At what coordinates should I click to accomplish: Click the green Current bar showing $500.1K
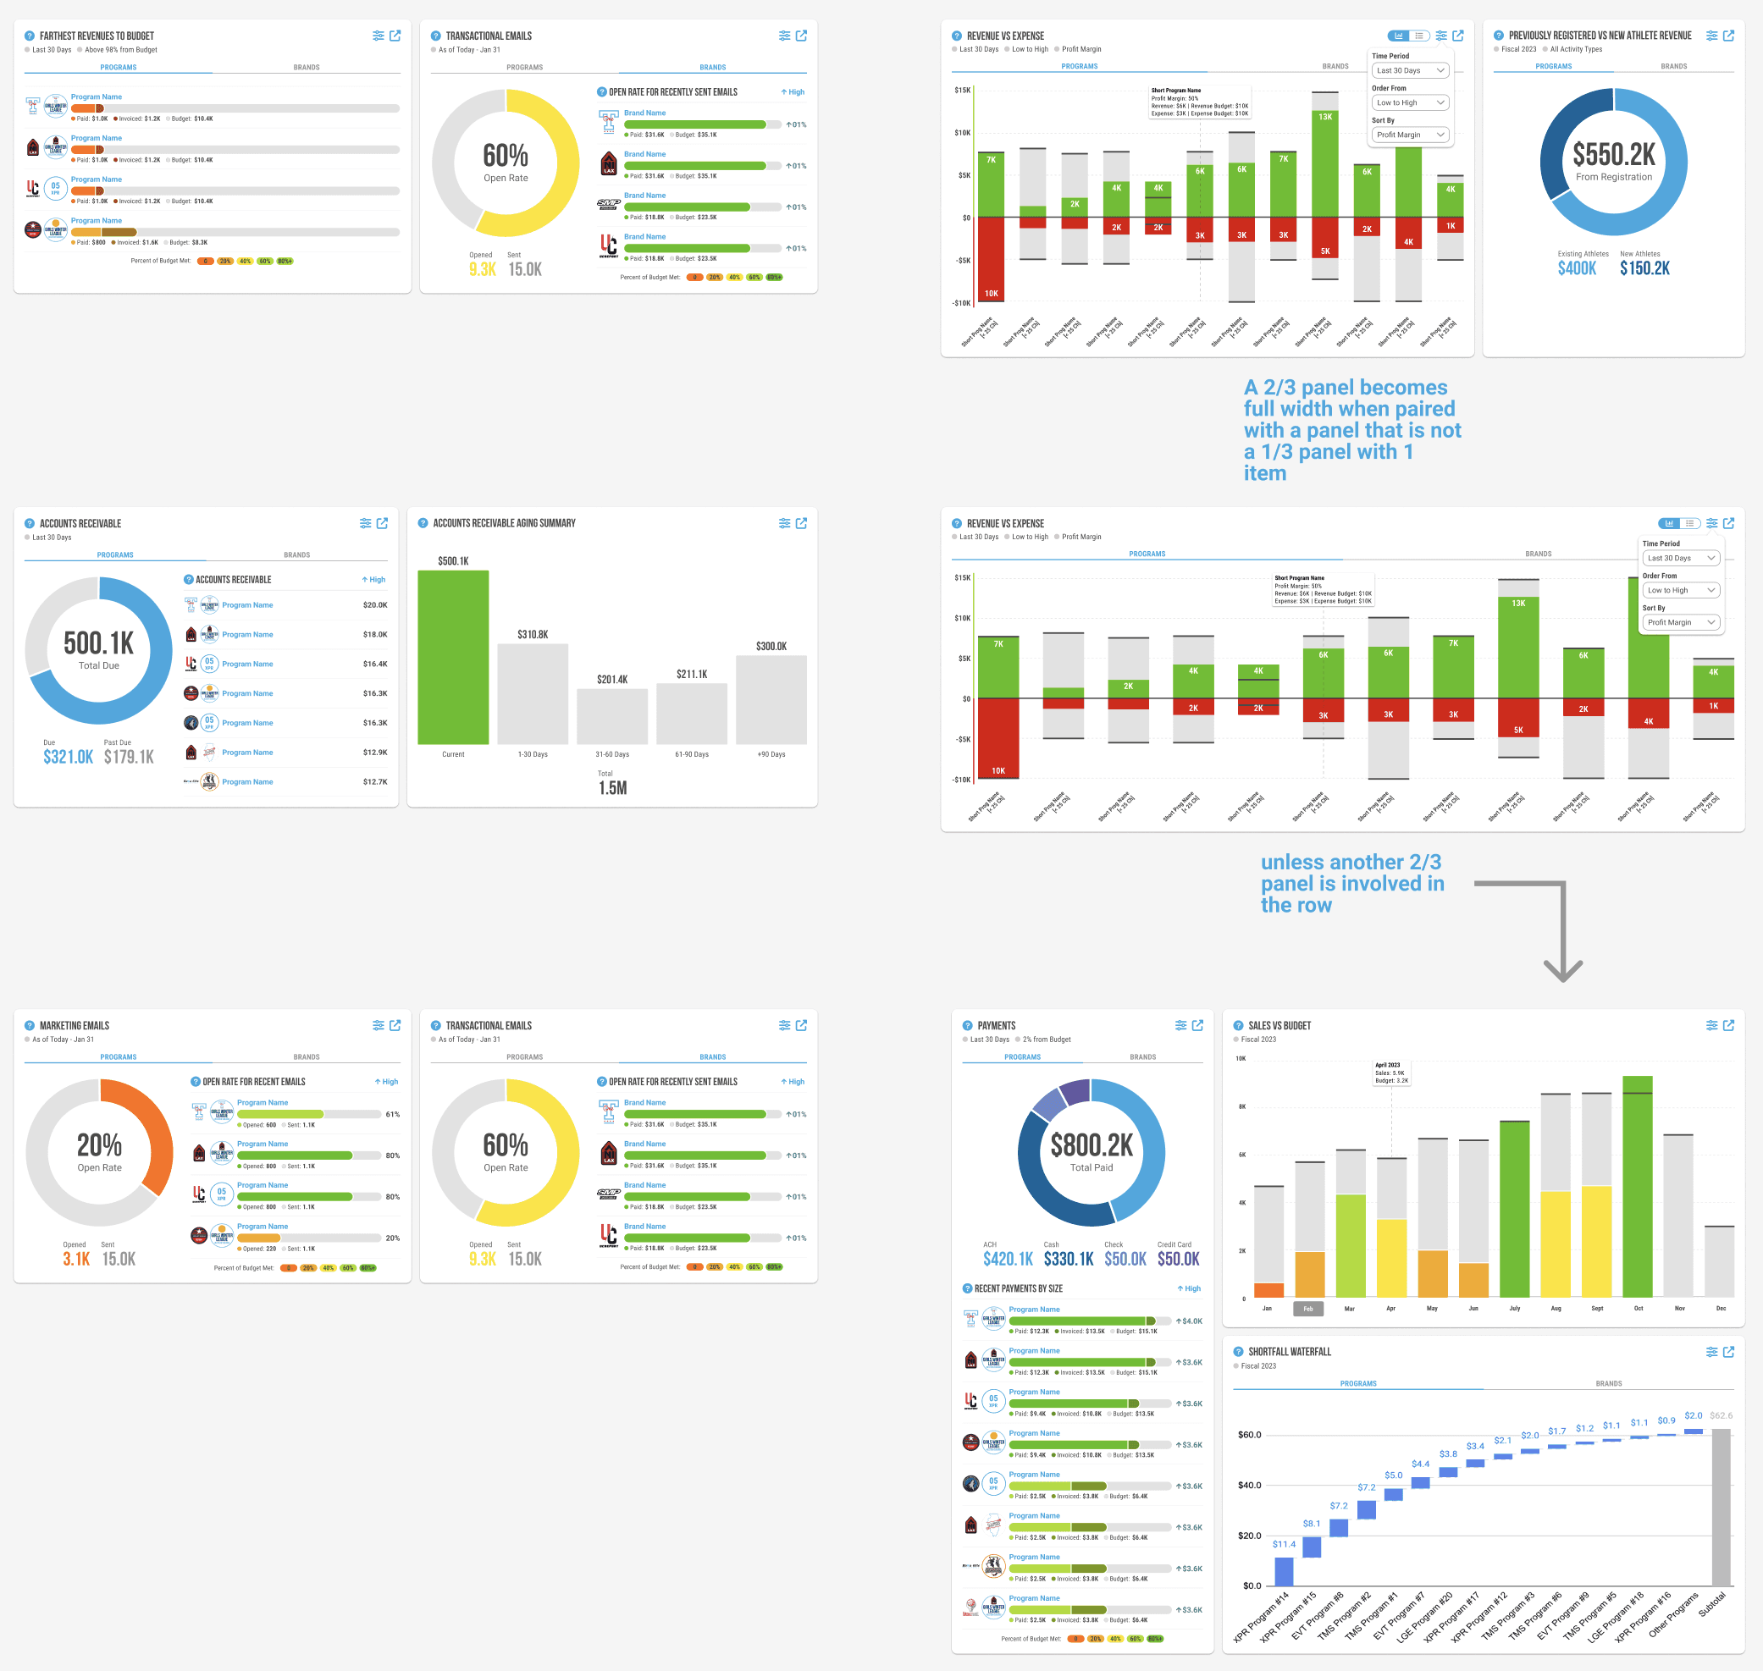pyautogui.click(x=452, y=657)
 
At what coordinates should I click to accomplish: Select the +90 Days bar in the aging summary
pyautogui.click(x=771, y=699)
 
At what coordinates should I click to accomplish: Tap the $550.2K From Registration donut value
pyautogui.click(x=1613, y=155)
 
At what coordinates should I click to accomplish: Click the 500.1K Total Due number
pyautogui.click(x=99, y=643)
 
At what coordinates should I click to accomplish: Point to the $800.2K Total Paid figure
pyautogui.click(x=1092, y=1144)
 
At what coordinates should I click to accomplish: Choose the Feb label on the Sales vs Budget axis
pyautogui.click(x=1307, y=1309)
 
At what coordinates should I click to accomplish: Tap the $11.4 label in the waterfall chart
pyautogui.click(x=1284, y=1545)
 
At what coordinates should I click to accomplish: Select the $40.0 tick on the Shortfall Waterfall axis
pyautogui.click(x=1249, y=1486)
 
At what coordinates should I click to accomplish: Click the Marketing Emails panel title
pyautogui.click(x=75, y=1026)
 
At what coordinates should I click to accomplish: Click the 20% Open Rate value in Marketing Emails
pyautogui.click(x=99, y=1144)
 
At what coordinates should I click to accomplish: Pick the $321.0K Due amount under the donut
pyautogui.click(x=68, y=757)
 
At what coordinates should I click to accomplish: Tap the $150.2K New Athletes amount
pyautogui.click(x=1644, y=269)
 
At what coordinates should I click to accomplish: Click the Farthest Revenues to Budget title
pyautogui.click(x=97, y=36)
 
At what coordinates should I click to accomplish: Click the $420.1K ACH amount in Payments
pyautogui.click(x=1008, y=1260)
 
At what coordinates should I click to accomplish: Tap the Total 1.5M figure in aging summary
pyautogui.click(x=612, y=788)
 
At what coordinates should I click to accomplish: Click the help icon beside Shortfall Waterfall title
pyautogui.click(x=1237, y=1352)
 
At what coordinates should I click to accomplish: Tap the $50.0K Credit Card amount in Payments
pyautogui.click(x=1178, y=1260)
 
